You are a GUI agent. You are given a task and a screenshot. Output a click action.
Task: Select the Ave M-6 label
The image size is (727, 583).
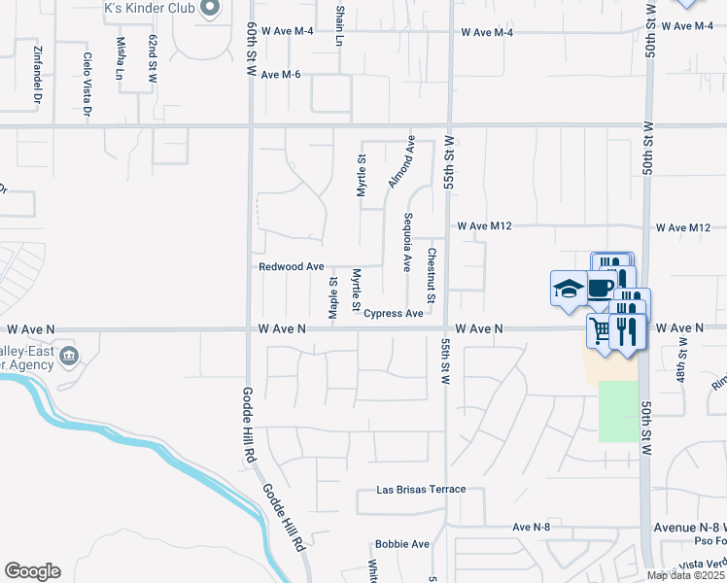coord(281,75)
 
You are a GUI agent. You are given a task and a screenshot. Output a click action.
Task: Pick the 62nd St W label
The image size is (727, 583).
coord(153,58)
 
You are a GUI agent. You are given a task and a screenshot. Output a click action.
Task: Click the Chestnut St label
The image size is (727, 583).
coord(431,274)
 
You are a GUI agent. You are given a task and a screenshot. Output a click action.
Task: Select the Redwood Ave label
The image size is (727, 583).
coord(291,266)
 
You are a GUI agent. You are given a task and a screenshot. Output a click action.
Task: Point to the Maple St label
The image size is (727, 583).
coord(332,297)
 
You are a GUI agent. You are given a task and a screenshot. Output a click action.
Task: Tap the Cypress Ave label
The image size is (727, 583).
coord(394,313)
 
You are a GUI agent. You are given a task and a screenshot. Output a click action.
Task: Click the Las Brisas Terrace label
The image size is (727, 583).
coord(422,490)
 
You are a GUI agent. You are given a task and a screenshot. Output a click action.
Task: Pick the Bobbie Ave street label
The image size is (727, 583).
coord(402,544)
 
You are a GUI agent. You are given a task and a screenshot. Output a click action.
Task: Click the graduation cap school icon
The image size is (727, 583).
coord(567,288)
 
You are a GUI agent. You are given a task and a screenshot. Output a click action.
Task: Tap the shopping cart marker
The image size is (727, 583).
coord(601,331)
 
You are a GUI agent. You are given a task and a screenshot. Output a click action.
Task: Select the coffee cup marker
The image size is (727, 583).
coord(600,287)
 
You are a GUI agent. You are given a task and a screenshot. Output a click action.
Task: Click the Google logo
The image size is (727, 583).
coord(32,571)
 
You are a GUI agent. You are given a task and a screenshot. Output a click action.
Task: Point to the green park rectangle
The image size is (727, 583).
coord(617,411)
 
